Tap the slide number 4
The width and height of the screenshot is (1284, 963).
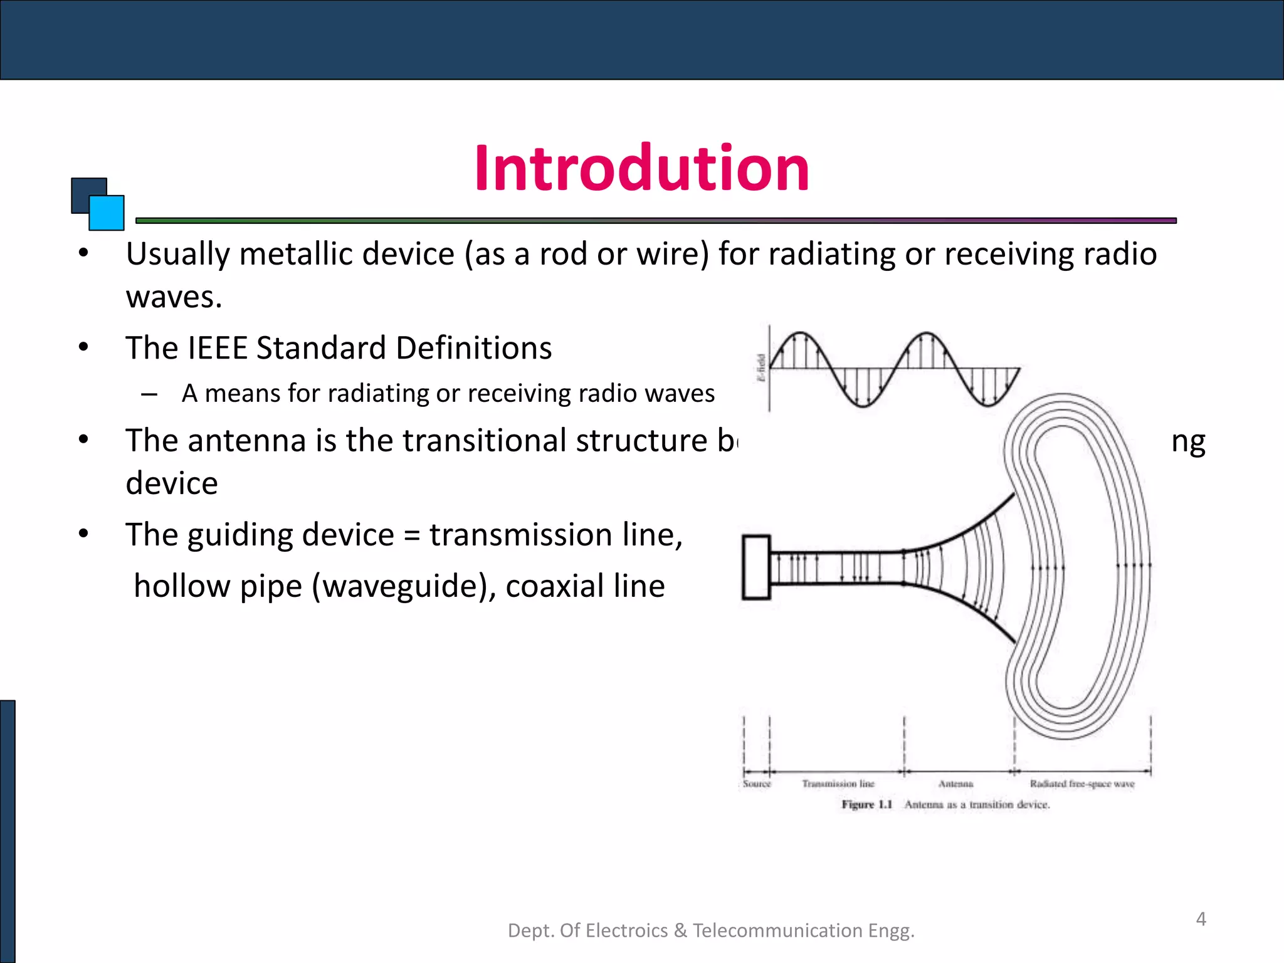pos(1201,919)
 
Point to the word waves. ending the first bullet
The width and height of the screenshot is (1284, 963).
pos(174,297)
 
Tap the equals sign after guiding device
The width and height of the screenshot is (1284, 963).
pos(411,536)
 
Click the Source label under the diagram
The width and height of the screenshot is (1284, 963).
pos(756,784)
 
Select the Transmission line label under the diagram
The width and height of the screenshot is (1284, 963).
pos(838,784)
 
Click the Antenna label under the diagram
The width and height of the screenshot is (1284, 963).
pos(955,784)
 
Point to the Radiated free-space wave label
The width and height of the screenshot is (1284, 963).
pos(1082,784)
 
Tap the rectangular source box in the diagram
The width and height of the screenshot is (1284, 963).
pos(756,567)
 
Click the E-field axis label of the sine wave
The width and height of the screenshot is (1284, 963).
pos(760,368)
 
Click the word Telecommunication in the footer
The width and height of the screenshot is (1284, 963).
pos(777,930)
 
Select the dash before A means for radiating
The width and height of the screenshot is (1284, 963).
pos(149,394)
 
